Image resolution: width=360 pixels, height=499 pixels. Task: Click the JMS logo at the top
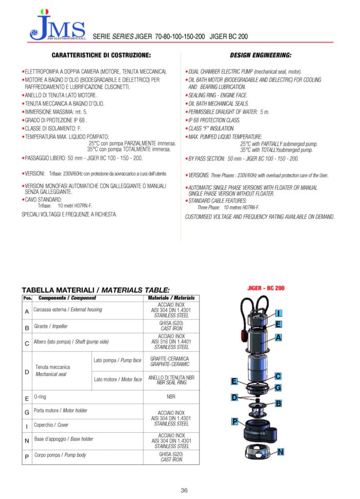pyautogui.click(x=57, y=26)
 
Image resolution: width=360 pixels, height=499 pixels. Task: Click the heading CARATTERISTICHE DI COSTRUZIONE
pyautogui.click(x=101, y=55)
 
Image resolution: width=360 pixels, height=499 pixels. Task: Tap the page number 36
pyautogui.click(x=184, y=490)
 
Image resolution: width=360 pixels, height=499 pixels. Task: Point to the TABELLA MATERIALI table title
pyautogui.click(x=95, y=290)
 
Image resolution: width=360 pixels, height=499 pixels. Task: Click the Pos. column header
pyautogui.click(x=27, y=298)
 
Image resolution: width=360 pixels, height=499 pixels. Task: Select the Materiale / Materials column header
pyautogui.click(x=171, y=298)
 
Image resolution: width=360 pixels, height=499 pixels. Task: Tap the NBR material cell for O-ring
pyautogui.click(x=171, y=397)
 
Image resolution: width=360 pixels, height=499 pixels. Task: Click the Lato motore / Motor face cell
pyautogui.click(x=118, y=380)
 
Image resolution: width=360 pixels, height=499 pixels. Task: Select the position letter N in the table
pyautogui.click(x=27, y=440)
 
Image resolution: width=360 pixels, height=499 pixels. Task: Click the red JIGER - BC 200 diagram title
pyautogui.click(x=266, y=288)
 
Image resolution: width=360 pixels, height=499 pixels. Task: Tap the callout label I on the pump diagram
pyautogui.click(x=278, y=313)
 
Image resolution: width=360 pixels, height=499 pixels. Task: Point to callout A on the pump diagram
pyautogui.click(x=278, y=337)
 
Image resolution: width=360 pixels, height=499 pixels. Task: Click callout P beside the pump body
pyautogui.click(x=235, y=421)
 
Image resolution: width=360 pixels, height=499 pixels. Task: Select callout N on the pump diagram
pyautogui.click(x=281, y=452)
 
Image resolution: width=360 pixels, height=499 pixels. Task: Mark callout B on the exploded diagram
pyautogui.click(x=278, y=403)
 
